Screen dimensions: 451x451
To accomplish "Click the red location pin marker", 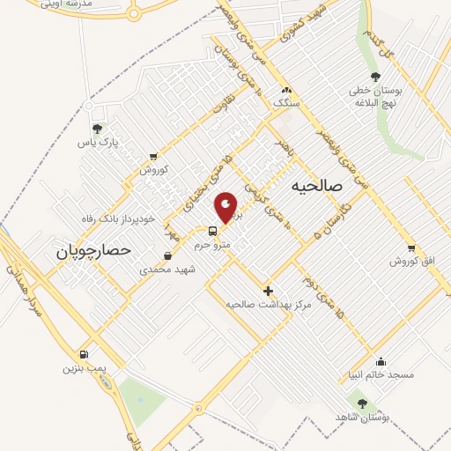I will (x=226, y=207).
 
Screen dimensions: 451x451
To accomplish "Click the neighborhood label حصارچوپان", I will (x=92, y=251).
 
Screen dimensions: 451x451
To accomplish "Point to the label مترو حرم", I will (x=212, y=245).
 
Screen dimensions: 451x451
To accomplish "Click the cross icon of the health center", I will (x=269, y=291).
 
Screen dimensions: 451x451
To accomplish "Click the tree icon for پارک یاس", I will (x=97, y=129).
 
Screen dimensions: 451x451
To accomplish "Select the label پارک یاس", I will (x=97, y=142).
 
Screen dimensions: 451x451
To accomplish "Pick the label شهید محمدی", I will (x=166, y=270).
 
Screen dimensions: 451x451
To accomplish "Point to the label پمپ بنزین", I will (x=82, y=367).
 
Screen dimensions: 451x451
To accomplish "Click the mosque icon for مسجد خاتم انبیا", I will (x=381, y=361).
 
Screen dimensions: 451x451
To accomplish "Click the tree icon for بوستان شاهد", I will (x=362, y=403).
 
